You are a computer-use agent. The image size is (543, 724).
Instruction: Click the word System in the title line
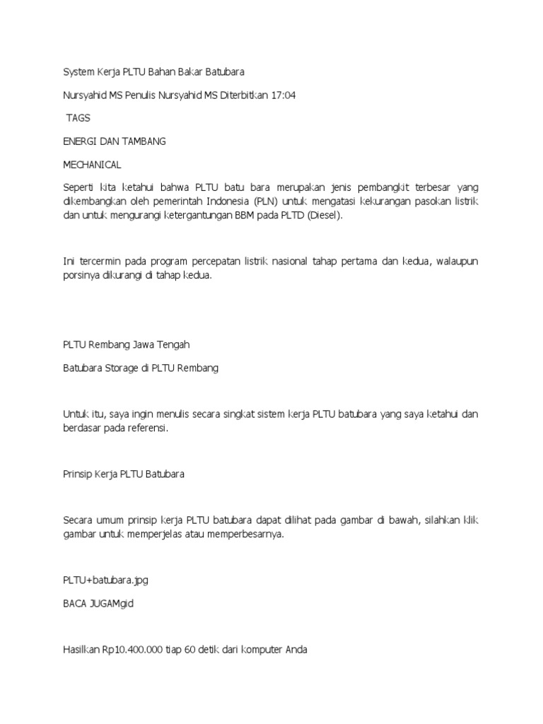tap(78, 72)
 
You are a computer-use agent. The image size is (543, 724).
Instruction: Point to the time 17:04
tap(282, 95)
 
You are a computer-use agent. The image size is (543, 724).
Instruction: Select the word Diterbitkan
tap(243, 95)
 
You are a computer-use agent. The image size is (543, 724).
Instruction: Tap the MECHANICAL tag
tap(92, 165)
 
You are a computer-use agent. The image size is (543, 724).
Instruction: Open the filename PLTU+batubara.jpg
tap(105, 580)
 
